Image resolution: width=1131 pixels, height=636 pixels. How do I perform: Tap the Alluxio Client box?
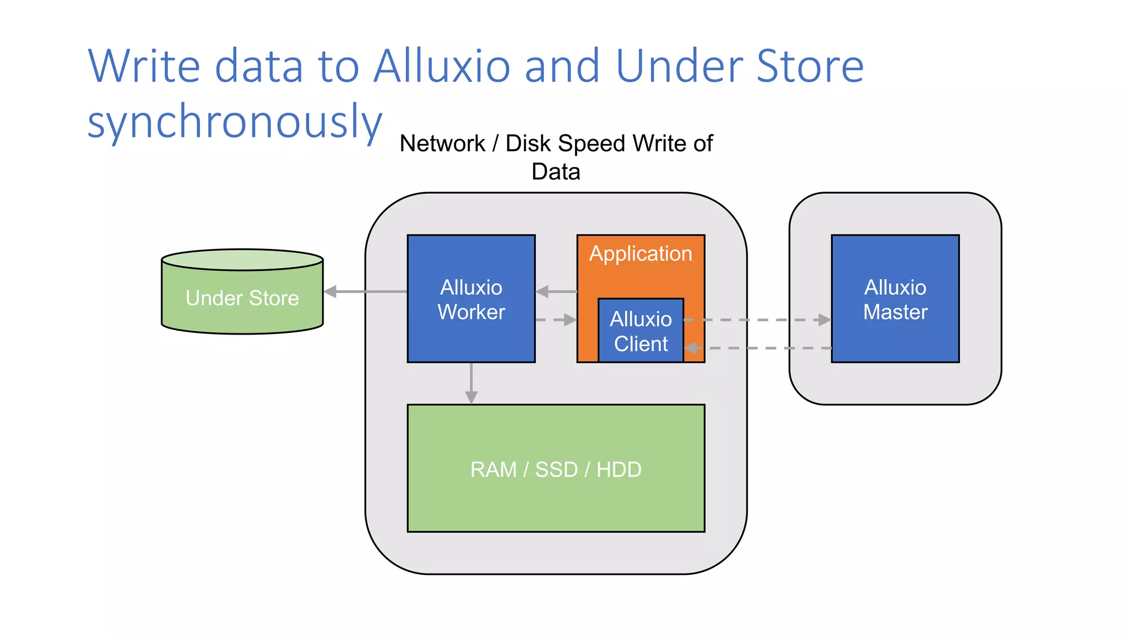(x=641, y=331)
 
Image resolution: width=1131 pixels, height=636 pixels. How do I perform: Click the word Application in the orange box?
(x=641, y=253)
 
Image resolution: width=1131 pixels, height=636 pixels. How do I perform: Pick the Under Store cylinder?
(x=242, y=299)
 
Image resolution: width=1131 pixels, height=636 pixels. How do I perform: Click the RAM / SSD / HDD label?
(x=556, y=469)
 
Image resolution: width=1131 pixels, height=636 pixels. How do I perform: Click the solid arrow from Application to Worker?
(x=556, y=291)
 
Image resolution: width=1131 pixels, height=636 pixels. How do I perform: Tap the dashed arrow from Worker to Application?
(x=556, y=320)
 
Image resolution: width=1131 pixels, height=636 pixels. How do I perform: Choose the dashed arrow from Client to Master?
(x=757, y=320)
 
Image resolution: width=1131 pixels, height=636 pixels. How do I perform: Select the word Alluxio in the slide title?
(x=442, y=66)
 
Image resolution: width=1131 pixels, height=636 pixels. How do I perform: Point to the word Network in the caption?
(x=442, y=144)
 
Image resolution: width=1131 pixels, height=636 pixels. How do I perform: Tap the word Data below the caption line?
(x=556, y=172)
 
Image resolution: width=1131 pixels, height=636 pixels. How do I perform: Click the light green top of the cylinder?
(x=242, y=259)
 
